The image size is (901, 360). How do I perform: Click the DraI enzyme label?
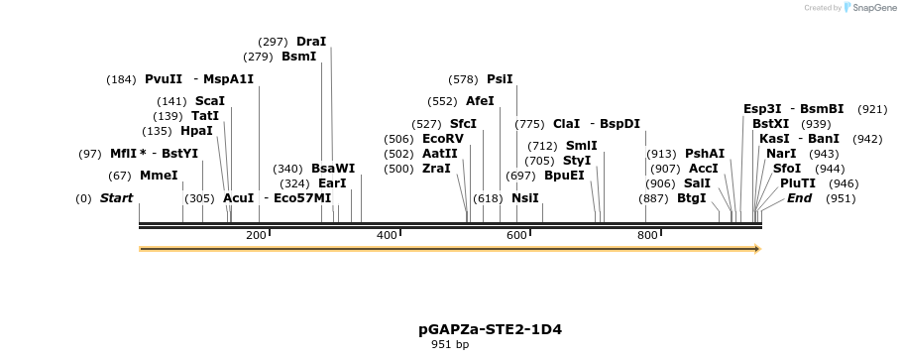(x=311, y=42)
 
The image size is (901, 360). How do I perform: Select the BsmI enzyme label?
(x=299, y=58)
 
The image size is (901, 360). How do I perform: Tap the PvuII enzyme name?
(x=164, y=79)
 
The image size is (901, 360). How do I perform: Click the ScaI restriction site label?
(x=210, y=101)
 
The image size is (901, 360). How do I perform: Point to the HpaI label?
(x=196, y=131)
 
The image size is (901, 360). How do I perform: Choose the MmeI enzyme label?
(x=159, y=176)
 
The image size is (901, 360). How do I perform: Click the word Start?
(x=116, y=198)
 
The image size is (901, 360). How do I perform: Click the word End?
(x=800, y=198)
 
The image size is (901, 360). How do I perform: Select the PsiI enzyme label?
(x=500, y=79)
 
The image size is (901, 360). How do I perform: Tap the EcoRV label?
(x=442, y=139)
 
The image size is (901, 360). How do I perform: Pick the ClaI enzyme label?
(x=566, y=124)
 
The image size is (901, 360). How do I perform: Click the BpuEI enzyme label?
(x=564, y=176)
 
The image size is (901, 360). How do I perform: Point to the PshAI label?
(x=705, y=154)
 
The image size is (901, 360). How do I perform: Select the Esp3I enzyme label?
(x=762, y=109)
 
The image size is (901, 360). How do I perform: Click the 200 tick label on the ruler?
(x=256, y=235)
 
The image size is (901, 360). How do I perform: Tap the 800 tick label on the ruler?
(x=647, y=235)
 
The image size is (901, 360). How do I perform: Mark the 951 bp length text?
(x=450, y=345)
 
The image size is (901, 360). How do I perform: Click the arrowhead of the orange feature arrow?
(x=756, y=249)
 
